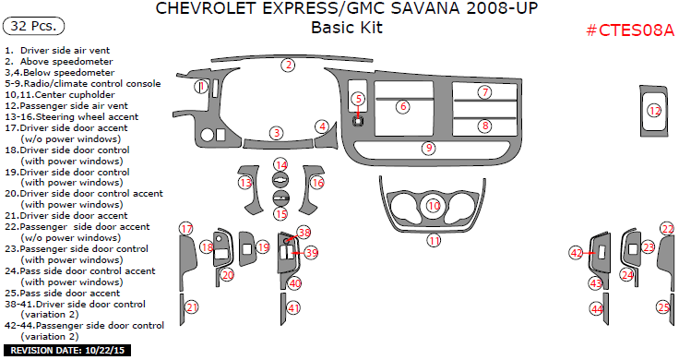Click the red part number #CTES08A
coord(630,30)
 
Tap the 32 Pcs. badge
coord(34,26)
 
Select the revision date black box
coord(67,350)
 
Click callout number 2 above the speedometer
coord(288,66)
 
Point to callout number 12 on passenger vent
coord(654,111)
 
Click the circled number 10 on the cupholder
coord(434,205)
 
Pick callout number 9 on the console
coord(429,149)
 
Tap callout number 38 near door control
coord(304,233)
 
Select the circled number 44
coord(597,309)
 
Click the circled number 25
coord(664,307)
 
